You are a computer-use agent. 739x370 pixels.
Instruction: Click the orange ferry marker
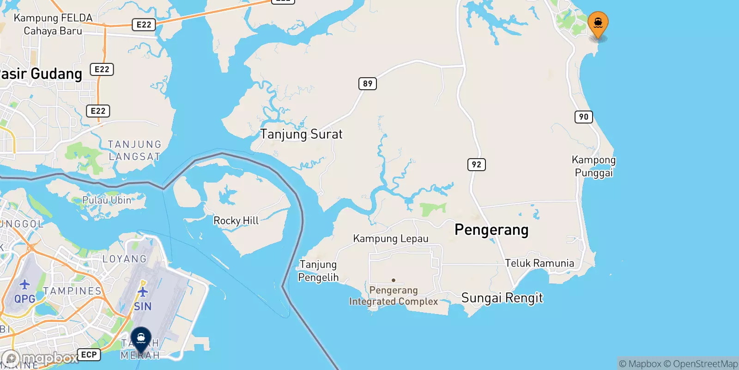point(598,23)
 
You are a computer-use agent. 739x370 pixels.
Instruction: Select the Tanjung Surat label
point(301,134)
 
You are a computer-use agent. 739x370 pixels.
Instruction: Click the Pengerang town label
point(491,230)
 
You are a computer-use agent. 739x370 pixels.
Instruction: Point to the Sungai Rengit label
point(502,298)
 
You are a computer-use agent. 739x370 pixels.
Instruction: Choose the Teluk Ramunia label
point(539,263)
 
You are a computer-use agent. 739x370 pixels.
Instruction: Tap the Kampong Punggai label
point(594,166)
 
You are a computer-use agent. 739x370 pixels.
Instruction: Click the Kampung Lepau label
point(391,239)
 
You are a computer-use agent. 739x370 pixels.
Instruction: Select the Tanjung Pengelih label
point(318,271)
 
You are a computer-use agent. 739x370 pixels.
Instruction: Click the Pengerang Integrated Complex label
point(394,296)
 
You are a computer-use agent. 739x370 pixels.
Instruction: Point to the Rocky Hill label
point(236,221)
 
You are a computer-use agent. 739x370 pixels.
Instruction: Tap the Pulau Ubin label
point(107,200)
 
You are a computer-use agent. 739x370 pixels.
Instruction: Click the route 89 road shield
point(368,84)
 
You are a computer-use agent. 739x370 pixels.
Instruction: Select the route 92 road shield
point(476,165)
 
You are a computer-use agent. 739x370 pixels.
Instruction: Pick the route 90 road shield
point(584,117)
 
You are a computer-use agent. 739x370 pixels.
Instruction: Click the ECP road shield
point(89,355)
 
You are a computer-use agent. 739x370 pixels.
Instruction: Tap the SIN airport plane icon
point(143,292)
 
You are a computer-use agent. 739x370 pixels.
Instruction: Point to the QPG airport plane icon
point(24,284)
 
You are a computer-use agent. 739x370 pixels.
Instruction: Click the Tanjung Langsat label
point(134,151)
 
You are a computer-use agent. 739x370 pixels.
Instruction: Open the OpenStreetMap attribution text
point(705,364)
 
